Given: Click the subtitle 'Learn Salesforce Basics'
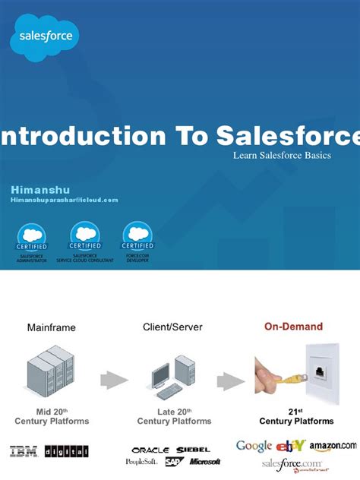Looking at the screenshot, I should coord(282,155).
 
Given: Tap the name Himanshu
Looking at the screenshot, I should coord(38,188).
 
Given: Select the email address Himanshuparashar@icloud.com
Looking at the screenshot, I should coord(65,200).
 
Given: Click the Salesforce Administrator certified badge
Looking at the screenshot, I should coord(31,242).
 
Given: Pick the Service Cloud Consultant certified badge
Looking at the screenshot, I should coord(84,242).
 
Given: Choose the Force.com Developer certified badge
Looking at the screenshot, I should coord(137,242).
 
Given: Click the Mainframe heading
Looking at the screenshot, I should coord(52,328).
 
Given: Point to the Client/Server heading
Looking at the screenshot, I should coord(172,327).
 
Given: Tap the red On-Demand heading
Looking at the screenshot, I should coord(293,327).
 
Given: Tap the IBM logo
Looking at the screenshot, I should coord(24,451).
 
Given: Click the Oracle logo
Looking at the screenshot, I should coord(150,450).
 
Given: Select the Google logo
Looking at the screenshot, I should coord(254,446).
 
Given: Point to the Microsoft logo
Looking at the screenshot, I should coord(205,462).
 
